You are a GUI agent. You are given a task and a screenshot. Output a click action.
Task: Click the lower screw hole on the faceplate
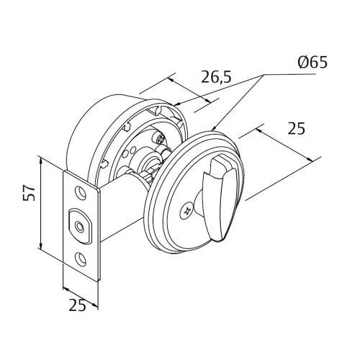click(x=81, y=258)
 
